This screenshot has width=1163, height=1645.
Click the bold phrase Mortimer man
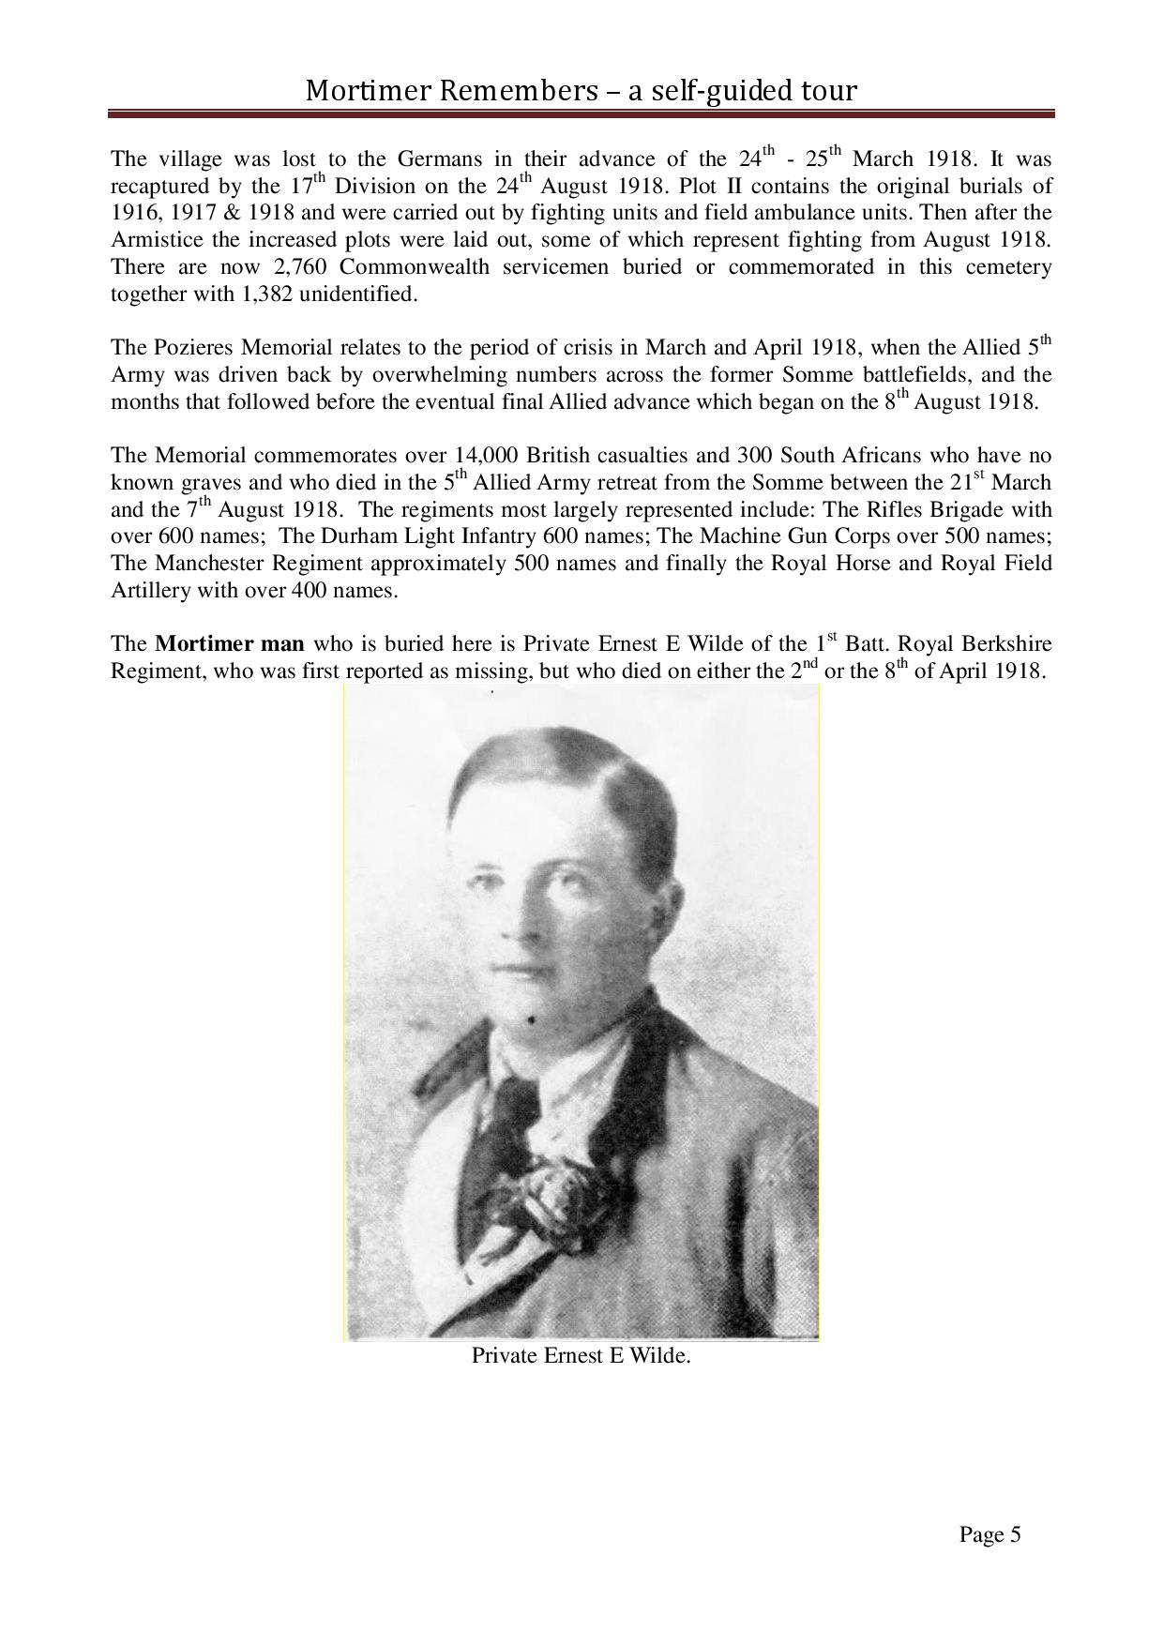(x=230, y=644)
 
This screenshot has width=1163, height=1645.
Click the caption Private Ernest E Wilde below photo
(x=581, y=1355)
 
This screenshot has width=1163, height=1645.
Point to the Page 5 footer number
(x=989, y=1534)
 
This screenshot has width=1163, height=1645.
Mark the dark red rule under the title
(x=581, y=114)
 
